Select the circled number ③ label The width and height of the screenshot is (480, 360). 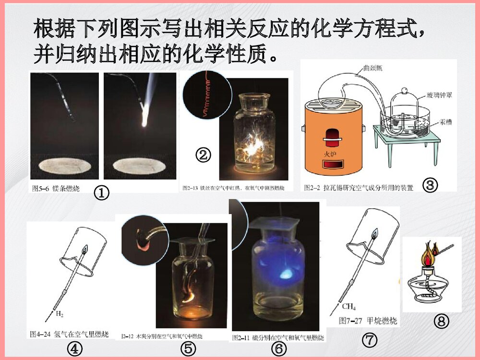point(430,185)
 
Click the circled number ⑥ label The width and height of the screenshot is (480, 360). point(278,349)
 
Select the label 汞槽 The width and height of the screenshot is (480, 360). point(445,122)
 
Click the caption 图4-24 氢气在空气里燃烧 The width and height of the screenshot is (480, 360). point(69,334)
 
